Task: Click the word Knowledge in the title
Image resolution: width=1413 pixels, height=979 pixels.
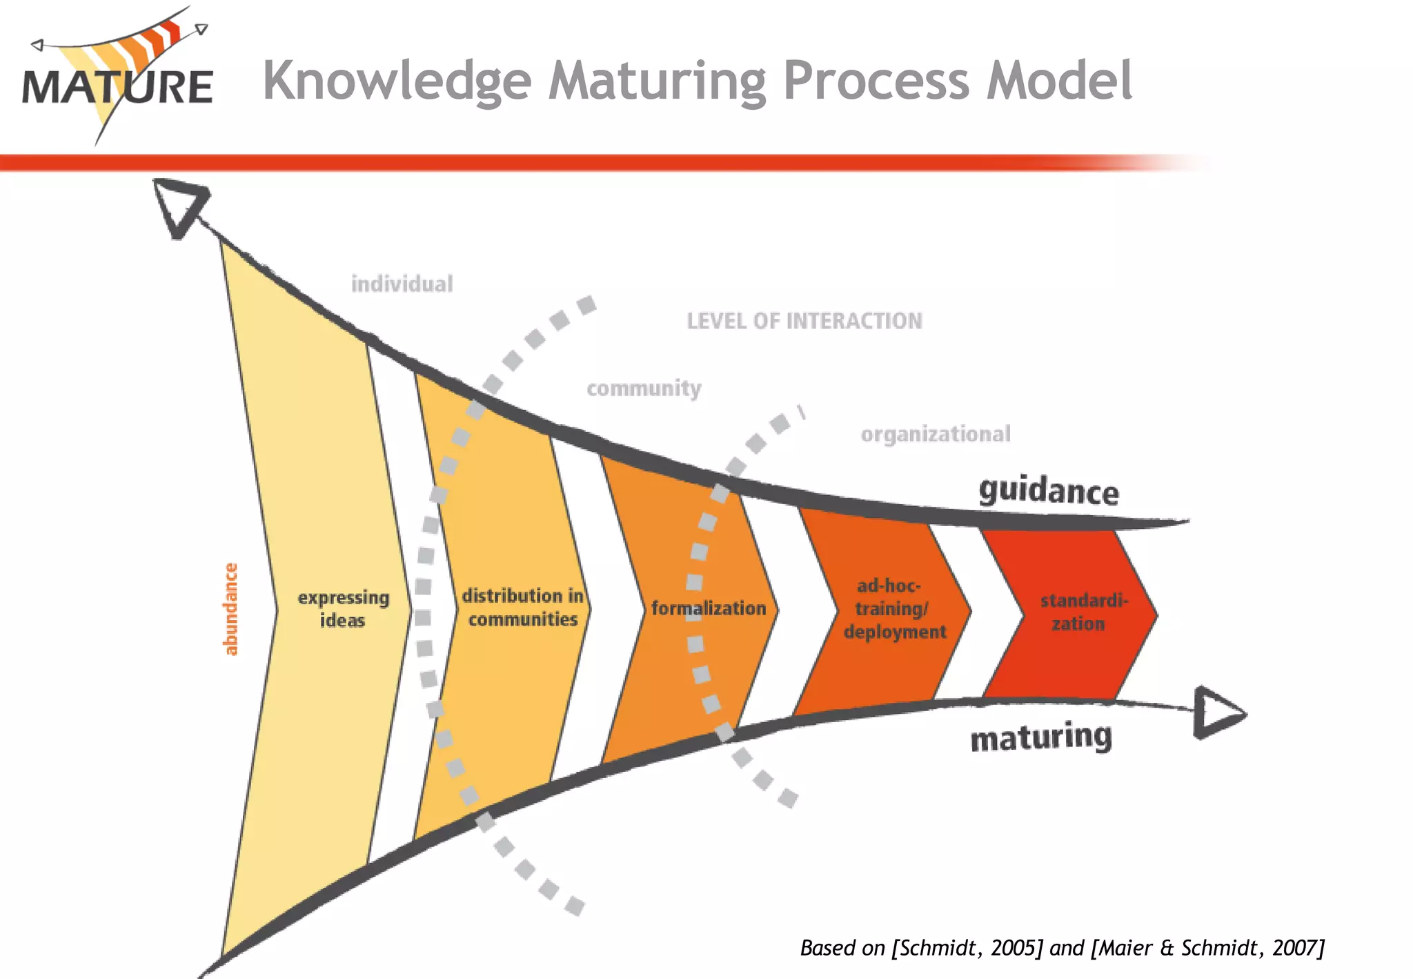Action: (x=397, y=81)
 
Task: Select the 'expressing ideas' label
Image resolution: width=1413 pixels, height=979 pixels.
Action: (x=343, y=608)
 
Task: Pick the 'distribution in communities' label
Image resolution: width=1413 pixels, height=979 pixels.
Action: (x=522, y=607)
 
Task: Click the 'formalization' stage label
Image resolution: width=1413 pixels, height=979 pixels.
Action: (x=709, y=608)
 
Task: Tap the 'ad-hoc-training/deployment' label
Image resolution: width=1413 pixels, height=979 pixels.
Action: (x=894, y=608)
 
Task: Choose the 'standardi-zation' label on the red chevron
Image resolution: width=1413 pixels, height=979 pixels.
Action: (x=1083, y=612)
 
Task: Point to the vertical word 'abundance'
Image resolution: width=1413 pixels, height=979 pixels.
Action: (x=230, y=608)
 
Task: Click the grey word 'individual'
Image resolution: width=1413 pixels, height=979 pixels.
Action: (x=402, y=284)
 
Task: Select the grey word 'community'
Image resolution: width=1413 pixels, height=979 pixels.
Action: (x=644, y=389)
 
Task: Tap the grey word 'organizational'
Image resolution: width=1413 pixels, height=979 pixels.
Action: (x=936, y=434)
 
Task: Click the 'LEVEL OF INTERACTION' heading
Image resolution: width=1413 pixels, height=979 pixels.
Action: (x=804, y=321)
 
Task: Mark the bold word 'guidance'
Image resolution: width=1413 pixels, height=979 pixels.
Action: (x=1048, y=492)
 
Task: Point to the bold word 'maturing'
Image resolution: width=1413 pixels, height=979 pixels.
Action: (x=1041, y=738)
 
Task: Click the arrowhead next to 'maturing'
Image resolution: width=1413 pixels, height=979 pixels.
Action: (x=1218, y=713)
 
